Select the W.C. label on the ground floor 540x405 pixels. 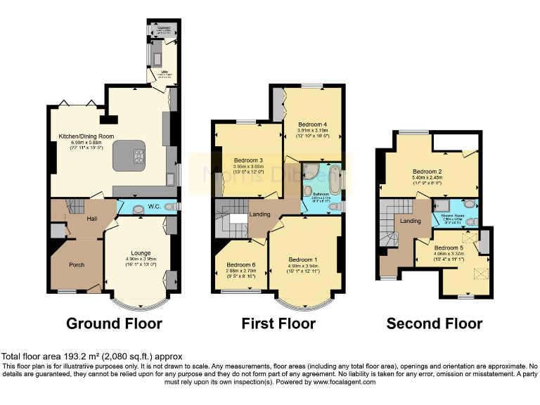coord(155,207)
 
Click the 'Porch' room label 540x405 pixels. coord(76,265)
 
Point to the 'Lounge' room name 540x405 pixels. coord(141,252)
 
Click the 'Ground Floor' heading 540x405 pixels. coord(114,323)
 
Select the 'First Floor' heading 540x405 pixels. coord(278,323)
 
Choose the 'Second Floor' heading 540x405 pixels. coord(435,323)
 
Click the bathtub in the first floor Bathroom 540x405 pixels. coord(335,179)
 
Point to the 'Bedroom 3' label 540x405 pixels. coord(248,160)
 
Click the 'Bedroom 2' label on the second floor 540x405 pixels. coord(427,171)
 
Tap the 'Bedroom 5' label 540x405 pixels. coord(449,247)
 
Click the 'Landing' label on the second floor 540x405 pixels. coord(411,221)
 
